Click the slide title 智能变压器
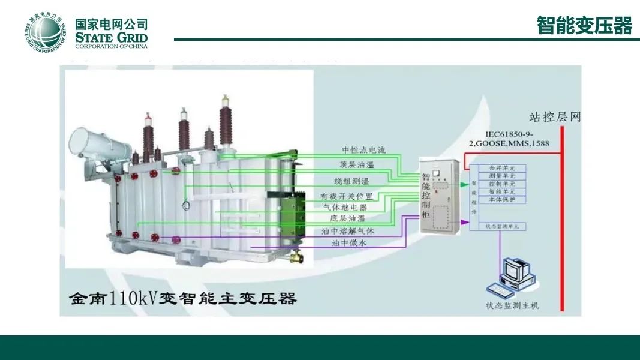[584, 26]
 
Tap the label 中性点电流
[364, 150]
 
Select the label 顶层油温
[356, 164]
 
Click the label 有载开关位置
[347, 196]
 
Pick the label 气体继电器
[349, 207]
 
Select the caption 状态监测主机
[512, 306]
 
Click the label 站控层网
[555, 116]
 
